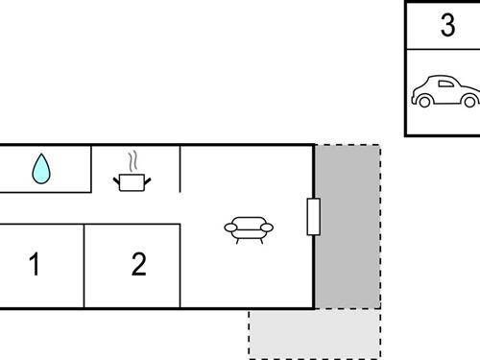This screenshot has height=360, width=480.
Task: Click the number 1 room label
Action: (35, 264)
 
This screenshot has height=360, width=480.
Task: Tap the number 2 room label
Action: (138, 264)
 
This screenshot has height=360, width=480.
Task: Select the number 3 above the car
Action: (447, 26)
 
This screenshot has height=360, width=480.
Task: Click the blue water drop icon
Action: (40, 170)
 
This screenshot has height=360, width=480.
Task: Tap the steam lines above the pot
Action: (135, 159)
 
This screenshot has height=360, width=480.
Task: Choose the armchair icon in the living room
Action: (248, 228)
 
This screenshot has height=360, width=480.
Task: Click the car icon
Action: (444, 93)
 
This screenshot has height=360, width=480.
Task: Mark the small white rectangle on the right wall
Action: (312, 217)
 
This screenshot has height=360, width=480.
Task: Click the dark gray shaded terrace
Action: (347, 227)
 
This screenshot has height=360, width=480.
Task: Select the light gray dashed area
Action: (314, 333)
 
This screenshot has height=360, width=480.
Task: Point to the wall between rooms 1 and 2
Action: (84, 266)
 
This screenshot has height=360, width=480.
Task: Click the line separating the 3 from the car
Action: (443, 49)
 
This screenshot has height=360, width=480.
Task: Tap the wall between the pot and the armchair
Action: (180, 168)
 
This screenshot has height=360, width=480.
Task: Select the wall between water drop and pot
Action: (91, 168)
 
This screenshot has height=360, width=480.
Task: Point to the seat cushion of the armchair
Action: (248, 231)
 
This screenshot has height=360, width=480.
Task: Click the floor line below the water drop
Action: (45, 192)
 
